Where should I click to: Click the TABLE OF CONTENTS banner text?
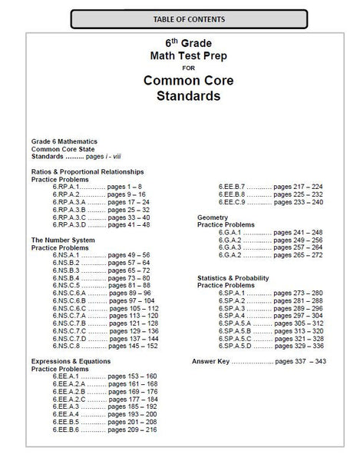tap(180, 17)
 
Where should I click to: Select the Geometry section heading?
tap(213, 217)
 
